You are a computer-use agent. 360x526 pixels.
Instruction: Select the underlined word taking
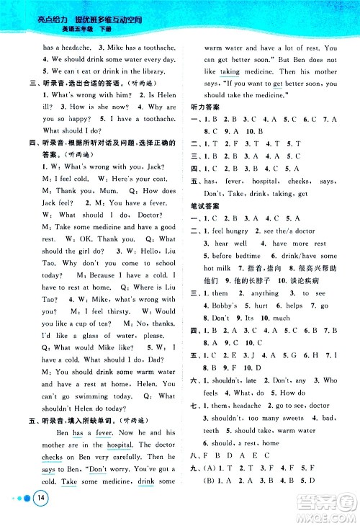coord(230,72)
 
